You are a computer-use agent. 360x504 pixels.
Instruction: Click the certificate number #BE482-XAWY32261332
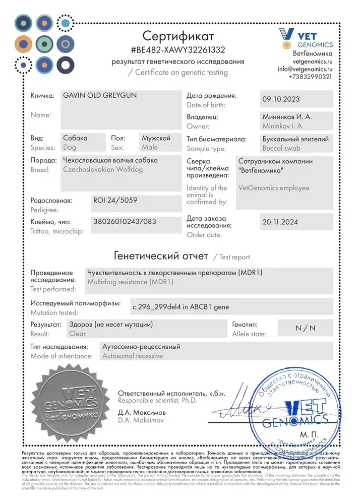coord(178,50)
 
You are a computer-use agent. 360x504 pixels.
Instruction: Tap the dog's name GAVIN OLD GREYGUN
coord(99,95)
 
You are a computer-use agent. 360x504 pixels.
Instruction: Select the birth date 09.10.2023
coord(281,99)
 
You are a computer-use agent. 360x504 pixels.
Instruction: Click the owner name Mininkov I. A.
coord(282,126)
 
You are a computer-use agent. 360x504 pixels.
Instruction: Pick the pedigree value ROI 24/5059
coord(115,200)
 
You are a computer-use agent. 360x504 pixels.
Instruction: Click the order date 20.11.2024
coord(281,221)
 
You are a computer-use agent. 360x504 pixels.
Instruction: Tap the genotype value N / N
coord(305,328)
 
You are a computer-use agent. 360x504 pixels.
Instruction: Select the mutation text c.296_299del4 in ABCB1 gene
coord(180,306)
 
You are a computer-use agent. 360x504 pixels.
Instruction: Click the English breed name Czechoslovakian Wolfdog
coord(102,170)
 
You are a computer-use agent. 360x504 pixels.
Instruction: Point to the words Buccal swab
coord(281,148)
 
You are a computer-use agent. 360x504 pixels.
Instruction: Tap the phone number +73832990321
coord(310,77)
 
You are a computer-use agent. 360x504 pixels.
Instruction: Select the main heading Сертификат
coord(178,36)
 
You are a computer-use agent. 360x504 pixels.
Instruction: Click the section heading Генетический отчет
coord(161,256)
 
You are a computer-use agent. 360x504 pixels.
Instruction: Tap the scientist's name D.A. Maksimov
coord(142,420)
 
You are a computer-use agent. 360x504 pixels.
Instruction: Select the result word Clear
coord(78,334)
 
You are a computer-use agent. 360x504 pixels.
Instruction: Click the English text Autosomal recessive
coord(132,356)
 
